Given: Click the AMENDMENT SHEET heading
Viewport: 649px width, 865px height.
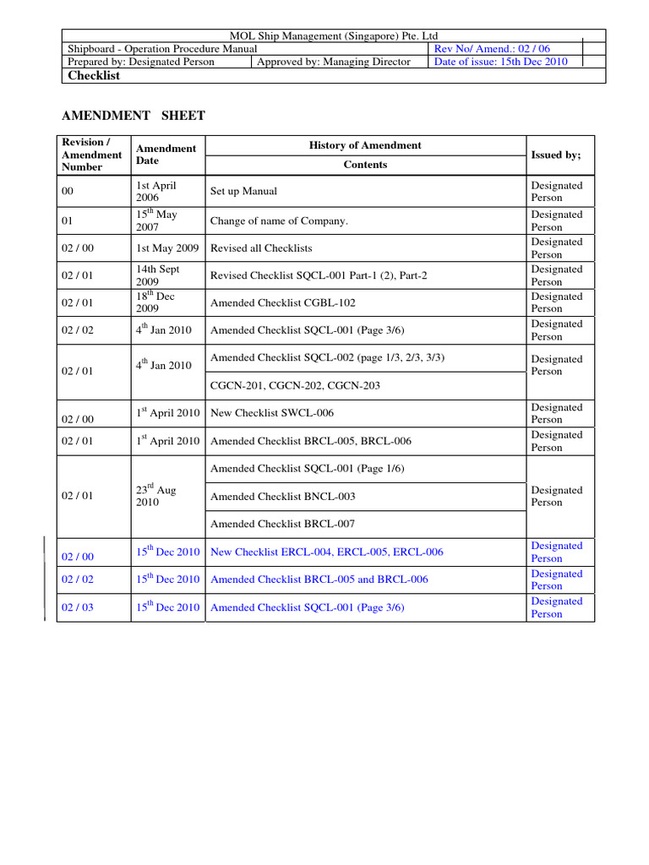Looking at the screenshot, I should [x=134, y=115].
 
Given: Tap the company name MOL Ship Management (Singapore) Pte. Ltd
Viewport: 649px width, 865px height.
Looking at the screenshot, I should [x=335, y=35].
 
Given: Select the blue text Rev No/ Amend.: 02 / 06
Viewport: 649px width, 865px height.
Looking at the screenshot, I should [x=491, y=49].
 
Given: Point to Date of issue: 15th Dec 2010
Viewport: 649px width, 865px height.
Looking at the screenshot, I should [x=500, y=62].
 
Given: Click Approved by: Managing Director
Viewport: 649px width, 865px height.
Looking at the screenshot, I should [x=334, y=62].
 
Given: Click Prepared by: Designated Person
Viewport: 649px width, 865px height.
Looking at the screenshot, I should [x=141, y=62].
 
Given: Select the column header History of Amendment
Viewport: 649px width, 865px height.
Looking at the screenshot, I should [x=365, y=145].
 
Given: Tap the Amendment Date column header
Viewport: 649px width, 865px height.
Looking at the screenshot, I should [x=166, y=154].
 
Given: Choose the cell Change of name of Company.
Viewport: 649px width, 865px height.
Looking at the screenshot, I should [x=279, y=221].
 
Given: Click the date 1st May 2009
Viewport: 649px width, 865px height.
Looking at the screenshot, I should [x=166, y=248].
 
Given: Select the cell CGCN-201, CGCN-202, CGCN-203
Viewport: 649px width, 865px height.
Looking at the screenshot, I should [x=295, y=385].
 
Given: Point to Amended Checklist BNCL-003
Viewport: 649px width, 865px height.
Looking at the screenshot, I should [x=282, y=497].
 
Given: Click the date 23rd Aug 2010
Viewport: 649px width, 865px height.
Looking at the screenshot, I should [x=155, y=496].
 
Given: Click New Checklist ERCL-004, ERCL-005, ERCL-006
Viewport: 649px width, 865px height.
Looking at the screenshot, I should [x=326, y=552].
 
